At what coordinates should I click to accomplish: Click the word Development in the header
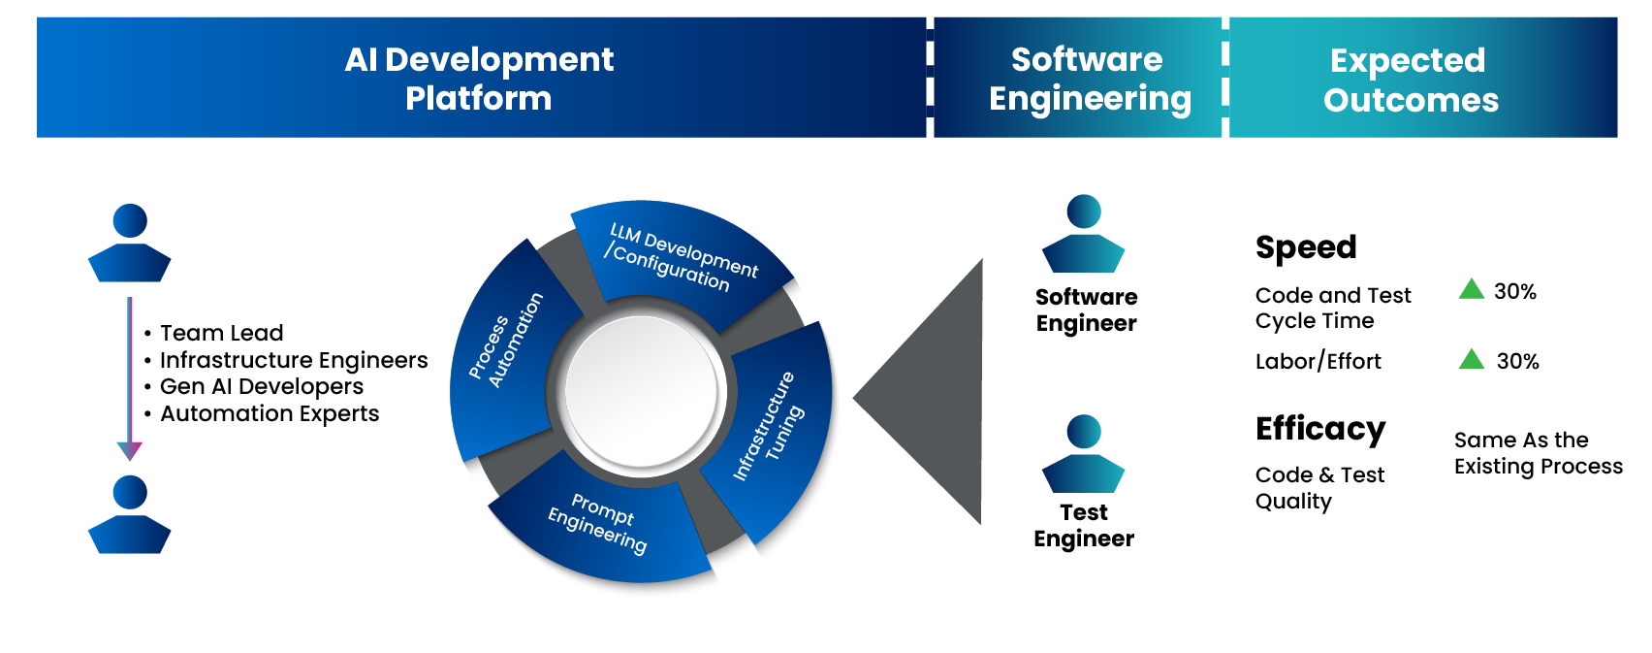point(498,60)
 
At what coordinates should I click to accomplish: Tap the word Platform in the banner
point(478,99)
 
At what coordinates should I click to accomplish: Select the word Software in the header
point(1087,60)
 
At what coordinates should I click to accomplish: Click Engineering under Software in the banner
point(1090,100)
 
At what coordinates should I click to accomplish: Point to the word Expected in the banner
point(1407,61)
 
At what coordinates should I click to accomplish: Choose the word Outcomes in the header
point(1411,101)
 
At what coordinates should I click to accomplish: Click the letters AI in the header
point(361,60)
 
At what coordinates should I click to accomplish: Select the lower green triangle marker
point(1476,361)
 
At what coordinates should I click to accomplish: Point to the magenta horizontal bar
point(291,310)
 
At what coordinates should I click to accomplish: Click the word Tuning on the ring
point(784,433)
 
